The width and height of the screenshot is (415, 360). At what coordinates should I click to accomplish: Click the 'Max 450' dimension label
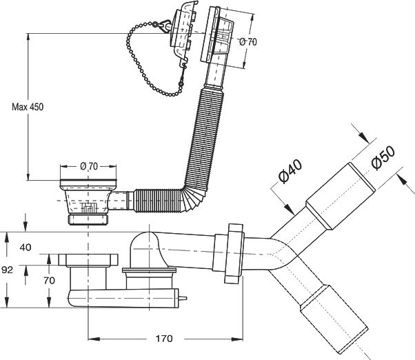pyautogui.click(x=28, y=107)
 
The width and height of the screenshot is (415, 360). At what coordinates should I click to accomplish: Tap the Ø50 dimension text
pyautogui.click(x=383, y=157)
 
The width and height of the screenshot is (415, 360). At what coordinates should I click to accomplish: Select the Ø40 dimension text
pyautogui.click(x=290, y=171)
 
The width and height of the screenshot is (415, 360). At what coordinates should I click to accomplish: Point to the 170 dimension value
pyautogui.click(x=164, y=339)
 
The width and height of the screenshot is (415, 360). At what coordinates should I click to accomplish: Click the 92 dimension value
pyautogui.click(x=7, y=270)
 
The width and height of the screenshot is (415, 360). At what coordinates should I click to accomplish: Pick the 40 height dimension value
pyautogui.click(x=26, y=247)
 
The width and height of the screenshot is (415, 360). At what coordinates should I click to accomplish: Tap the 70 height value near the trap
pyautogui.click(x=50, y=281)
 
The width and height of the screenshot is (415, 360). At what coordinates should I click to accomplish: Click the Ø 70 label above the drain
pyautogui.click(x=89, y=166)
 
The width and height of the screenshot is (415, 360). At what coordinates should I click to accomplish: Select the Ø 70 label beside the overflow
pyautogui.click(x=248, y=42)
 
